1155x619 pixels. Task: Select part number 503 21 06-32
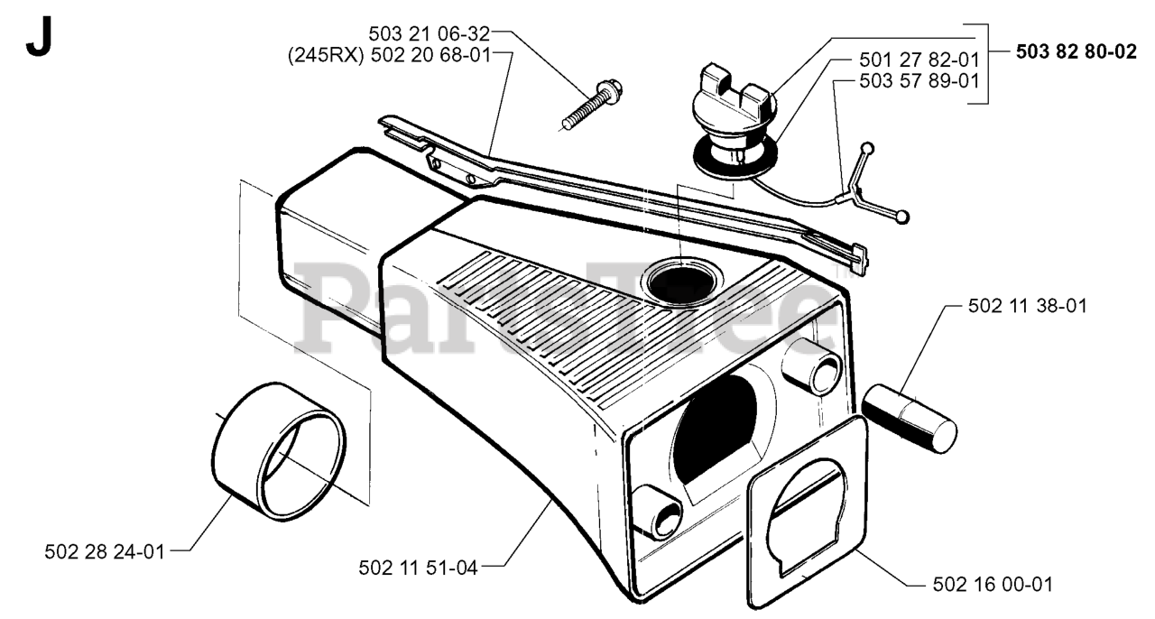click(x=429, y=34)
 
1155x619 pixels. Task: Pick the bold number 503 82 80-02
click(x=1076, y=51)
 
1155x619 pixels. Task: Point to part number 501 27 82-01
click(x=919, y=60)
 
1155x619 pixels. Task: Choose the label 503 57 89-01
click(x=919, y=80)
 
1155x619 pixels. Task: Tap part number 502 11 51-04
click(x=418, y=567)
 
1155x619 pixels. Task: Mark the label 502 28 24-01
click(x=105, y=550)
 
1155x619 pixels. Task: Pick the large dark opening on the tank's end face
click(x=722, y=433)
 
